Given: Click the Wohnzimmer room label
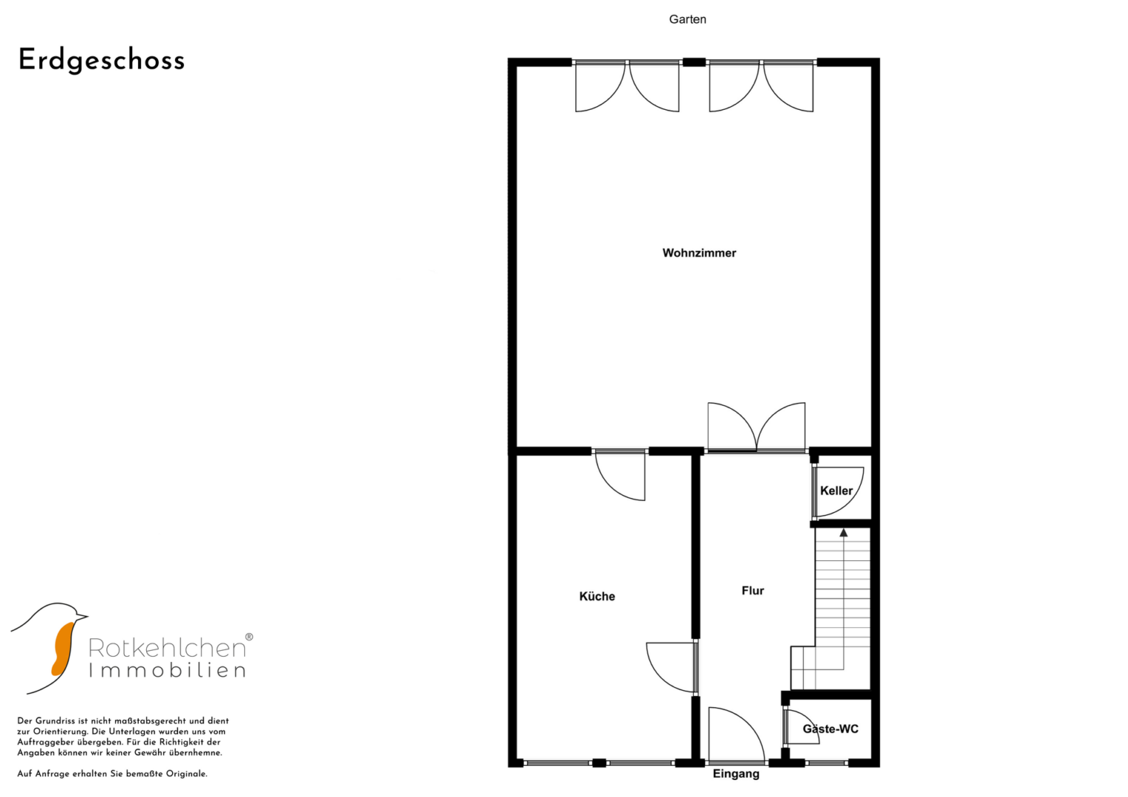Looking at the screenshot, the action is (x=699, y=252).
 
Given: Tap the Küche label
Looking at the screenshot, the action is (x=597, y=596).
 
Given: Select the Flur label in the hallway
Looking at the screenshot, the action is (x=753, y=590).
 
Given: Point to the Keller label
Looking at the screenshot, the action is (x=836, y=491).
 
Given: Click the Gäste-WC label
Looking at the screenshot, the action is (x=830, y=728).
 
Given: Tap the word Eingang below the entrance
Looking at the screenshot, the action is (x=736, y=774).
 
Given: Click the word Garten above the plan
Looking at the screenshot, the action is (x=687, y=19).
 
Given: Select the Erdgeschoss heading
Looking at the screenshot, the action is (x=102, y=61).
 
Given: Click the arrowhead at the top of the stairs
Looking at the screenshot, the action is (x=844, y=533).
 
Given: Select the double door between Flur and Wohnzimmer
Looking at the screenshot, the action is (x=757, y=428).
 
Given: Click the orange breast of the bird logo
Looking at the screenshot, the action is (x=63, y=649).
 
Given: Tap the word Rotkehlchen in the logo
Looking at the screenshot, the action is (x=167, y=648).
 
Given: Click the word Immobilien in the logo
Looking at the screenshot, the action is (x=167, y=670).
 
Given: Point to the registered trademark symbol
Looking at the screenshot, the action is (x=249, y=637).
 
